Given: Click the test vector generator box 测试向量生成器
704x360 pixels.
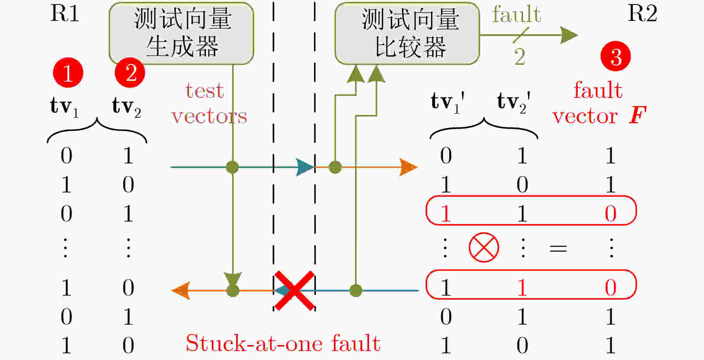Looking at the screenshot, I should [x=181, y=34].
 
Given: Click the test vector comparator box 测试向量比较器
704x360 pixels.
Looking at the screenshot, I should [x=407, y=34].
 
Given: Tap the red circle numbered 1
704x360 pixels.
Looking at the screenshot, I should [x=68, y=73].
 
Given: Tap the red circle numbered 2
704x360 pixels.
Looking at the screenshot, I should [x=130, y=73].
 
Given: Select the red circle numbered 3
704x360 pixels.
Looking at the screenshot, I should [x=615, y=57].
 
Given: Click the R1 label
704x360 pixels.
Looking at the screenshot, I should [x=65, y=14].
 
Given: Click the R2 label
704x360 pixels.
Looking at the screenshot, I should [x=642, y=14].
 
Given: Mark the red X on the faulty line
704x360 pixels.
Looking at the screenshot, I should [x=294, y=291].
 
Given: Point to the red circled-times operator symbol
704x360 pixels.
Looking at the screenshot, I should [x=483, y=248].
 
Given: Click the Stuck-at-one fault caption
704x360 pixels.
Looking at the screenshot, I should [x=283, y=343].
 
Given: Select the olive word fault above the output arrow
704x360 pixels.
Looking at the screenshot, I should [x=516, y=15].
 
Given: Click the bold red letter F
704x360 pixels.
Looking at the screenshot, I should [x=637, y=115].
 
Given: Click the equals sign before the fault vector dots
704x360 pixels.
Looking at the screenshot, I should [x=558, y=248].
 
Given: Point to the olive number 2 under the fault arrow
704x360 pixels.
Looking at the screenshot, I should [x=520, y=57].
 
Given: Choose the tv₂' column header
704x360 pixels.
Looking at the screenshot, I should [x=513, y=102].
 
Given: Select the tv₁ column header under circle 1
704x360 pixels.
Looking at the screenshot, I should [x=64, y=106].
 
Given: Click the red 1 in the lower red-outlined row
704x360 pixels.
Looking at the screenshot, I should [x=522, y=287].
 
